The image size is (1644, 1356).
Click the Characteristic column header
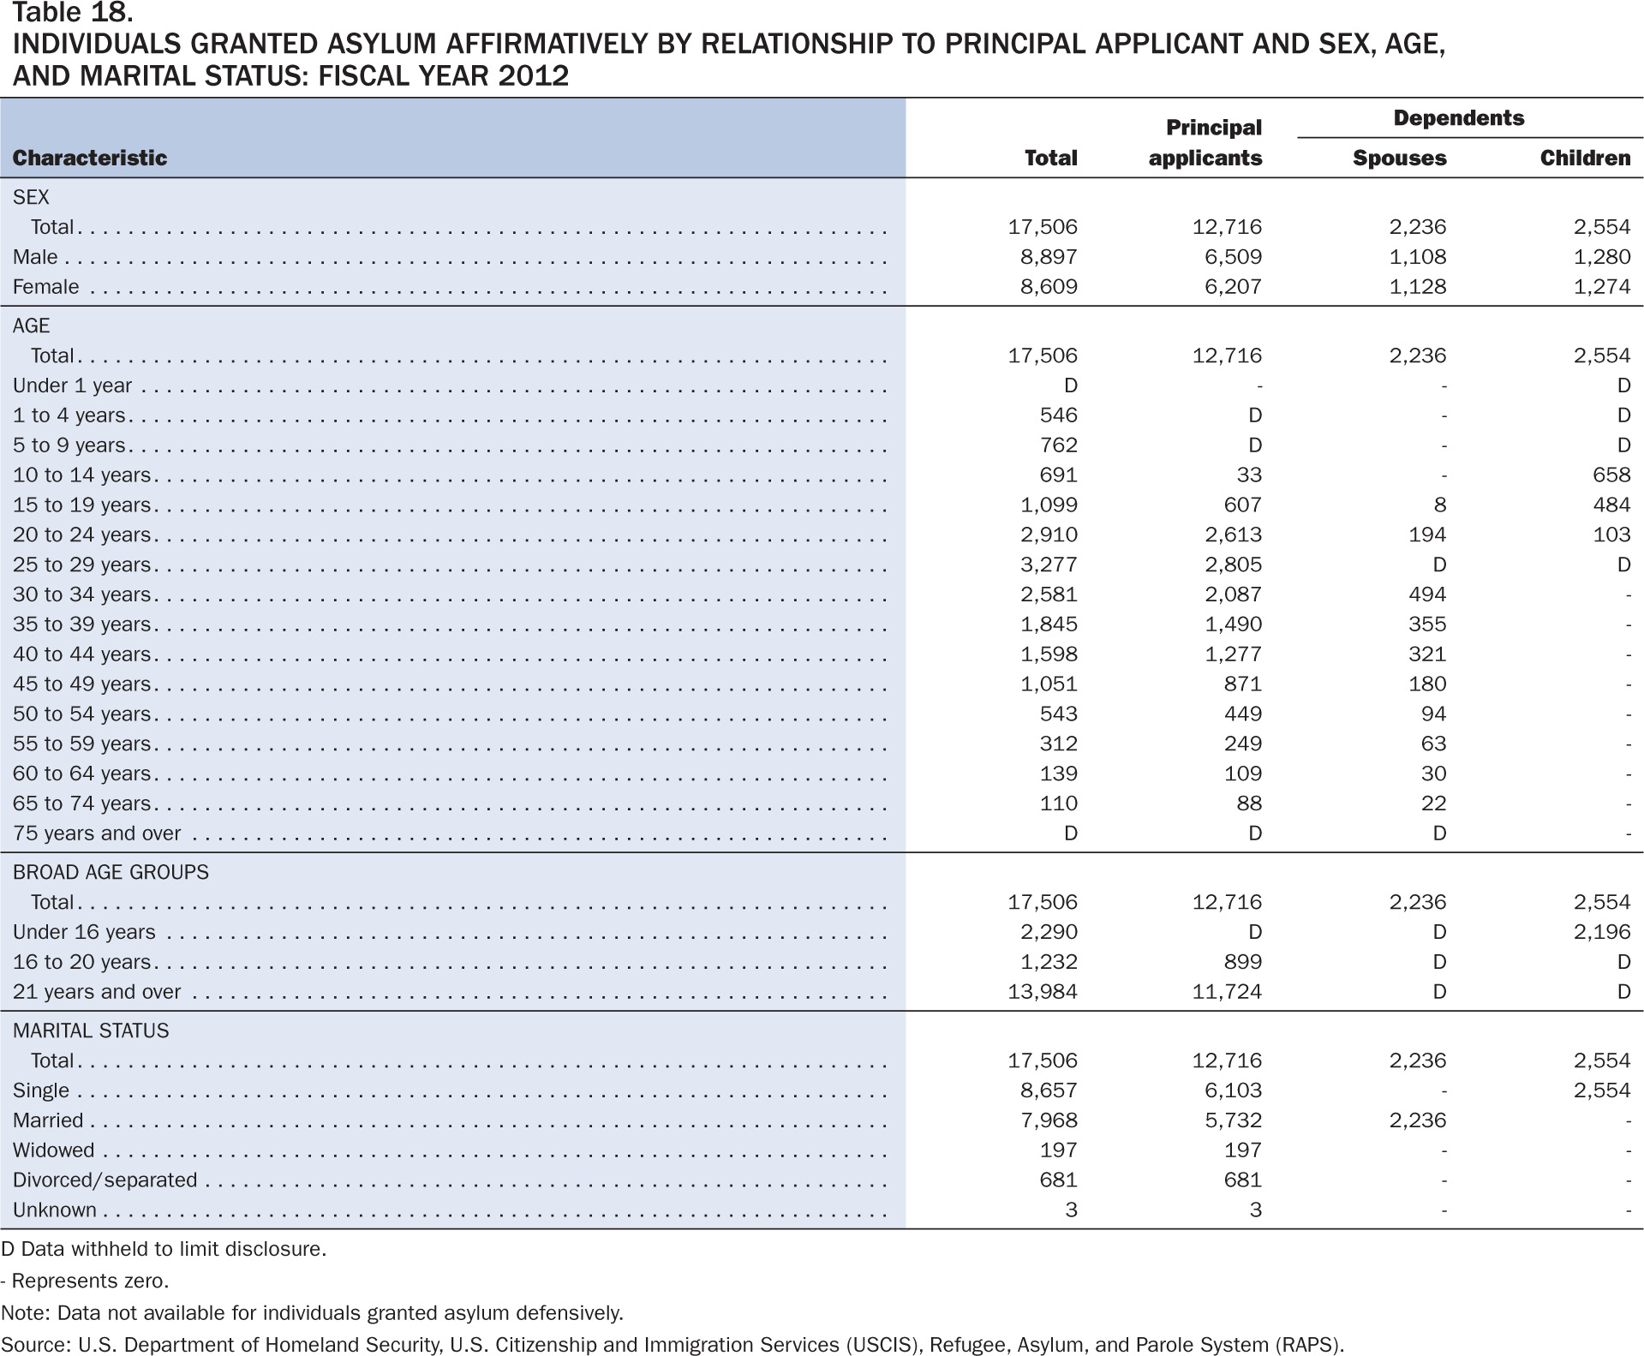pyautogui.click(x=90, y=158)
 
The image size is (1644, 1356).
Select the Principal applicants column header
pyautogui.click(x=1205, y=142)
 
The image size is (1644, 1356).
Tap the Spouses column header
pyautogui.click(x=1400, y=158)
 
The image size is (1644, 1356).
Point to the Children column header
pyautogui.click(x=1585, y=158)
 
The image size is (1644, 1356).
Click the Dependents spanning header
pyautogui.click(x=1459, y=117)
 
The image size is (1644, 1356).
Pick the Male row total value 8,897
pyautogui.click(x=1049, y=257)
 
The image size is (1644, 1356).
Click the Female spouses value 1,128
pyautogui.click(x=1418, y=287)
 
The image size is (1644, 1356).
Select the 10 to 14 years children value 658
pyautogui.click(x=1611, y=475)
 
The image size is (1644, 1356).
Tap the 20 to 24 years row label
pyautogui.click(x=82, y=535)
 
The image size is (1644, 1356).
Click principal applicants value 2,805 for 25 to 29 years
pyautogui.click(x=1234, y=565)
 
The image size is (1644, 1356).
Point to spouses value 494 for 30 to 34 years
pyautogui.click(x=1427, y=594)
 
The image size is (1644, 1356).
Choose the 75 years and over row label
pyautogui.click(x=97, y=833)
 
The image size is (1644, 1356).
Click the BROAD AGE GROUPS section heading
pyautogui.click(x=111, y=872)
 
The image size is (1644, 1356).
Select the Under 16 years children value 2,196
pyautogui.click(x=1602, y=932)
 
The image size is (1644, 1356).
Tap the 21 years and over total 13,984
pyautogui.click(x=1043, y=992)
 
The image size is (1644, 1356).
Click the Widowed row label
pyautogui.click(x=54, y=1150)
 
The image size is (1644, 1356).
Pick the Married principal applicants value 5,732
pyautogui.click(x=1234, y=1120)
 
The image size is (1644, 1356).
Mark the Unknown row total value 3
pyautogui.click(x=1071, y=1210)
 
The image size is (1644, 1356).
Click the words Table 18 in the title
pyautogui.click(x=72, y=13)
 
